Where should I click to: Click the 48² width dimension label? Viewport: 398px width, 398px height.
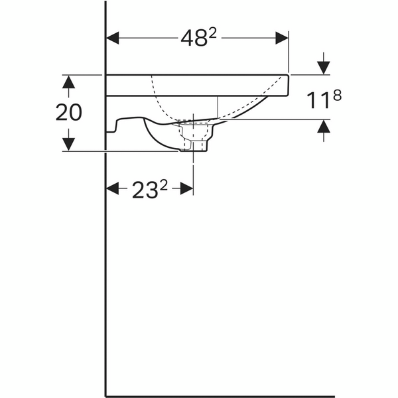[x=197, y=39]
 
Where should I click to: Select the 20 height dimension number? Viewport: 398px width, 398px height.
[x=69, y=112]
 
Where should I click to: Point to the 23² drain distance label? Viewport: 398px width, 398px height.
[x=149, y=190]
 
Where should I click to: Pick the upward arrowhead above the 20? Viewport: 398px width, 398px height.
[x=69, y=80]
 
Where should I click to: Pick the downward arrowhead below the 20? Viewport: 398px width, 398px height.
[x=69, y=145]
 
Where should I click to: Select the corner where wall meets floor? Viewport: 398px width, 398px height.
[x=106, y=396]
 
